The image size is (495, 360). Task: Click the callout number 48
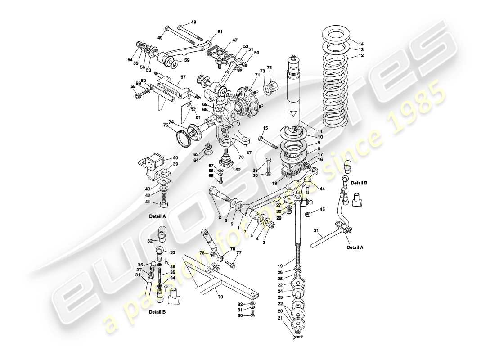(193, 22)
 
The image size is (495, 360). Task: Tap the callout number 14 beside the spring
(361, 44)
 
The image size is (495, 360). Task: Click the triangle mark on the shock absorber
(292, 113)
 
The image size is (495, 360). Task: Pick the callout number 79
(220, 297)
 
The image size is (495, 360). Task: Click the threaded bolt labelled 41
(164, 199)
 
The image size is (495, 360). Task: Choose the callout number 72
(270, 68)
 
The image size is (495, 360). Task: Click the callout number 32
(150, 241)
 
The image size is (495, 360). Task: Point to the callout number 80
(241, 316)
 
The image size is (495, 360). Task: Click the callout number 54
(130, 60)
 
